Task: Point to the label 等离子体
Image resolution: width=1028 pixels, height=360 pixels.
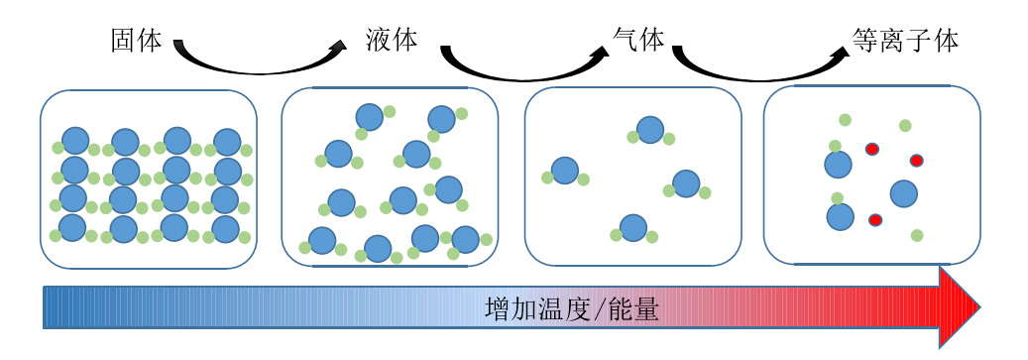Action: tap(904, 41)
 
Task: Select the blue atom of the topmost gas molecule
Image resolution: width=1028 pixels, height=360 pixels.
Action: tap(650, 130)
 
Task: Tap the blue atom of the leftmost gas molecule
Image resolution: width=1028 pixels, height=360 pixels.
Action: tap(565, 171)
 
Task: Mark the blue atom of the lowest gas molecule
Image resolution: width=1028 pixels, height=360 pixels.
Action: tap(632, 228)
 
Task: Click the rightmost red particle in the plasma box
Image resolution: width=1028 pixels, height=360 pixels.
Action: tap(917, 160)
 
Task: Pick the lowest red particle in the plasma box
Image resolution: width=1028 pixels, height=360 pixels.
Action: tap(875, 219)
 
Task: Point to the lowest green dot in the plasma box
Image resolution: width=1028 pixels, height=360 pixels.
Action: tap(917, 235)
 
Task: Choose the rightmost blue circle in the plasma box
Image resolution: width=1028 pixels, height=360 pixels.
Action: tap(903, 192)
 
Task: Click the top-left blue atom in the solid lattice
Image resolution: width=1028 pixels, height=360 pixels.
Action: tap(75, 141)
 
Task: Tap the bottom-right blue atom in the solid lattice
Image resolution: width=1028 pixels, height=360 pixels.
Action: tap(226, 228)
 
